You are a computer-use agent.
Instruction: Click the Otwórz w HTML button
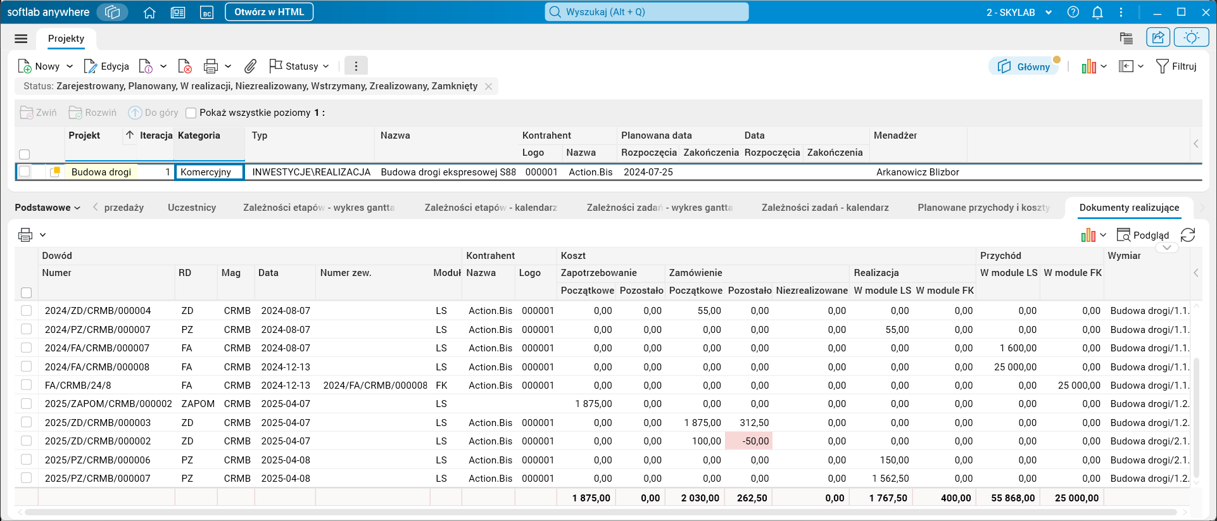pos(269,12)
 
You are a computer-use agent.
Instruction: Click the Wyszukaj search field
pos(646,12)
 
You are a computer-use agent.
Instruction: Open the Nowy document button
pos(39,66)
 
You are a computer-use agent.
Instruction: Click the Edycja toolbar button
pos(106,66)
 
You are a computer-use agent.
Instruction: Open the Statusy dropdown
pos(299,66)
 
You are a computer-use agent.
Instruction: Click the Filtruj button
pos(1176,66)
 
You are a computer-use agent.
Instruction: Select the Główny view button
pos(1024,66)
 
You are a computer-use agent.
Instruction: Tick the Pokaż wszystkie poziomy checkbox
pos(191,113)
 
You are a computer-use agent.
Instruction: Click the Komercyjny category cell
pos(209,172)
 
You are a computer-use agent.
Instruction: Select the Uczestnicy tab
pos(192,208)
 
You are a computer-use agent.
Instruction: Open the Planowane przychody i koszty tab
pos(984,208)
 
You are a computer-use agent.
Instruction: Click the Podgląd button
pos(1143,235)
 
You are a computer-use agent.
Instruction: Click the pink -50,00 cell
pos(749,441)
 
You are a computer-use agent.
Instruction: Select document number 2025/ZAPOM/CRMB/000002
pos(108,404)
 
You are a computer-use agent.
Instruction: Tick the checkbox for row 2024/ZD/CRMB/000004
pos(26,311)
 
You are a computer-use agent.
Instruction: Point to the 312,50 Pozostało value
pos(754,423)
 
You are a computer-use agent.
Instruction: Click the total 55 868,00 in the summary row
pos(1013,498)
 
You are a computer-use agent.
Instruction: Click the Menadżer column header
pos(895,135)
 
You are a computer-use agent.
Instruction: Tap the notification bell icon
pos(1098,12)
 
